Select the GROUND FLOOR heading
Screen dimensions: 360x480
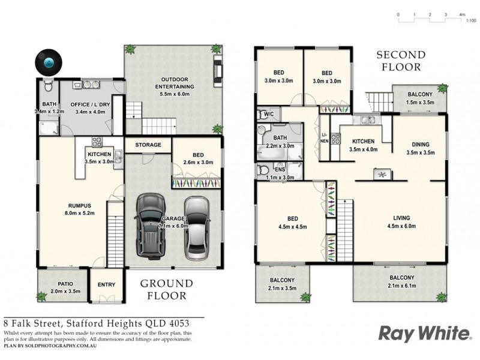(167, 289)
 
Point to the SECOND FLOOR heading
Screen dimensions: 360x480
(401, 61)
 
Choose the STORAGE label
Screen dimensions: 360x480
(148, 145)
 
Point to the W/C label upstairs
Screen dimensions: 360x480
(267, 114)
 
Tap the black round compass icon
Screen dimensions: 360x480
(47, 62)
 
